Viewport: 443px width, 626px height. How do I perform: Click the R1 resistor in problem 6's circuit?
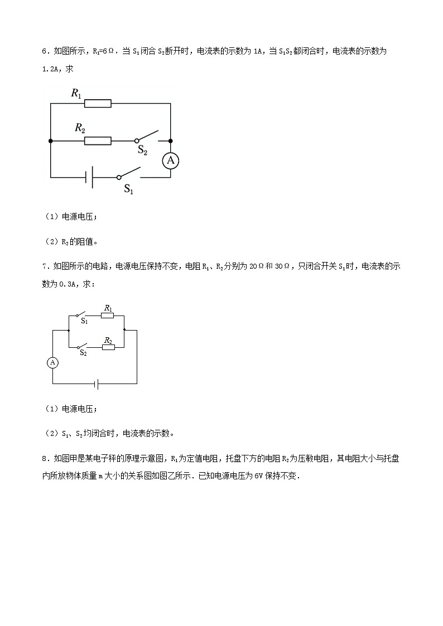pos(98,103)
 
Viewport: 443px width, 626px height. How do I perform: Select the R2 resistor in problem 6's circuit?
pos(98,141)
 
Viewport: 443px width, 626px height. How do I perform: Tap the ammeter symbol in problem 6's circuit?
pos(170,161)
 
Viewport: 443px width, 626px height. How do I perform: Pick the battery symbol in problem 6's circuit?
pos(88,177)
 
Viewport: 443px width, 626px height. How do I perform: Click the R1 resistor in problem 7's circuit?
pos(108,316)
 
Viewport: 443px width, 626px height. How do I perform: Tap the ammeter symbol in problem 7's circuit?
pos(53,362)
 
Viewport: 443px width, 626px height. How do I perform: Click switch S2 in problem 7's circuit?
pos(84,346)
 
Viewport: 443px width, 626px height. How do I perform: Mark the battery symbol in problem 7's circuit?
pos(97,384)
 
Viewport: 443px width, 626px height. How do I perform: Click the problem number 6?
pos(45,51)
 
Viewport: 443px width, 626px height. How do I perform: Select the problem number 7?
pos(45,266)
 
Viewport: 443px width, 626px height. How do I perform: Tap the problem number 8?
pos(45,459)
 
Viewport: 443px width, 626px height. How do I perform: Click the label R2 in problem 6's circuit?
pos(80,128)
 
